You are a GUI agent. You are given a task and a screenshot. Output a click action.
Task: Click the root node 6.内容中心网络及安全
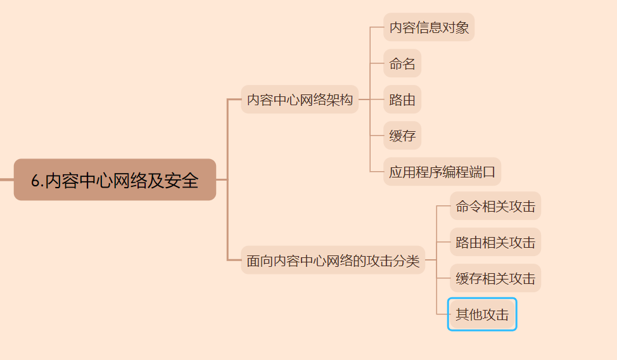pyautogui.click(x=115, y=180)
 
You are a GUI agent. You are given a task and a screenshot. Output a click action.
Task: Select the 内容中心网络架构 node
pyautogui.click(x=300, y=100)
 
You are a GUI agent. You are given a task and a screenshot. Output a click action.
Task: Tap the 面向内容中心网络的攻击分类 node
pyautogui.click(x=333, y=260)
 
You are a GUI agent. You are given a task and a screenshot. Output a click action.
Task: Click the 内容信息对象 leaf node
pyautogui.click(x=429, y=27)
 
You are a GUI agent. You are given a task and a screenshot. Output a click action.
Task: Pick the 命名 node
pyautogui.click(x=402, y=63)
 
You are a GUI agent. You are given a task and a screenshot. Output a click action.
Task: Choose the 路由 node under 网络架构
pyautogui.click(x=402, y=100)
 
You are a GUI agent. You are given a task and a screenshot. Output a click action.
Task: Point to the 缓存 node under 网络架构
pyautogui.click(x=402, y=136)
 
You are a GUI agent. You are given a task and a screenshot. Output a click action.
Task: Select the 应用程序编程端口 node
pyautogui.click(x=442, y=172)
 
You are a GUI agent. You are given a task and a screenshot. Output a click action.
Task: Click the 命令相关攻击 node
pyautogui.click(x=495, y=206)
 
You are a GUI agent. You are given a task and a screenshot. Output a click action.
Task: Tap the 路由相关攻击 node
pyautogui.click(x=495, y=242)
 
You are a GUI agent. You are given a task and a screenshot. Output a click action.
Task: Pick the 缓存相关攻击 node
pyautogui.click(x=495, y=278)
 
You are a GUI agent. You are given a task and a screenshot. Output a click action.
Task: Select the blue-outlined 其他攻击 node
pyautogui.click(x=482, y=314)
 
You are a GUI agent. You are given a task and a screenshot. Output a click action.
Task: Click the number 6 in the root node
pyautogui.click(x=36, y=181)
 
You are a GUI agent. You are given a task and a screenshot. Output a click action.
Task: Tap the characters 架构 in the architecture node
pyautogui.click(x=340, y=100)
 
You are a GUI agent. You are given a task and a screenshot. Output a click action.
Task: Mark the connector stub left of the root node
pyautogui.click(x=6, y=180)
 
